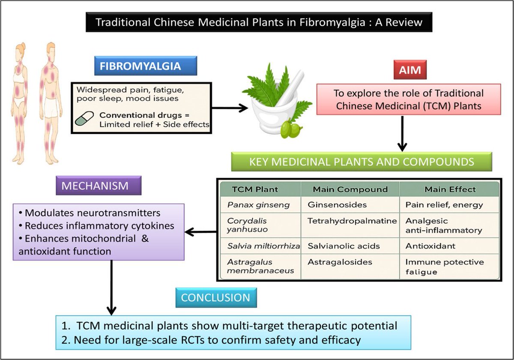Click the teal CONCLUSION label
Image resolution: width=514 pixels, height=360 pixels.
coord(216,298)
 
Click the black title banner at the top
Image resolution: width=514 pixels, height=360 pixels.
coord(259,22)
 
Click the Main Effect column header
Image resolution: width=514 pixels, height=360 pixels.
coord(450,189)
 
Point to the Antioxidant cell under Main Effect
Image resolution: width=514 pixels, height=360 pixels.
coord(430,246)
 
